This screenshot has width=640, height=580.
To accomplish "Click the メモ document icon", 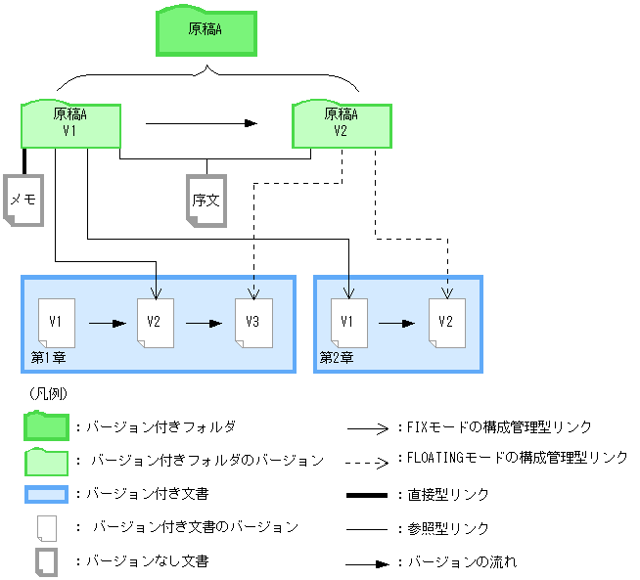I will click(x=23, y=201).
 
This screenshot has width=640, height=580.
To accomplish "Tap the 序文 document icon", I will click(x=206, y=201).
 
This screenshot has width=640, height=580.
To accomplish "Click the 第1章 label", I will click(x=48, y=358).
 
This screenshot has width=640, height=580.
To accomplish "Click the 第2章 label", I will click(x=337, y=358).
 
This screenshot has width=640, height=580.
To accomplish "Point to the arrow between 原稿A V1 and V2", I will click(x=201, y=124).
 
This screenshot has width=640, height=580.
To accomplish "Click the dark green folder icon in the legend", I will click(x=46, y=427).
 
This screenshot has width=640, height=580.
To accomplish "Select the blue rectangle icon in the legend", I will click(x=46, y=494).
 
